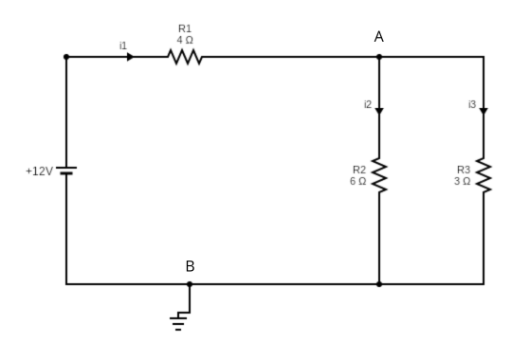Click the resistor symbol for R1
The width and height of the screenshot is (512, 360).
pos(185,57)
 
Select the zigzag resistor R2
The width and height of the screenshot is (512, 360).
pos(379,175)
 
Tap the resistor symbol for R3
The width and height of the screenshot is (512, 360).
pos(484,175)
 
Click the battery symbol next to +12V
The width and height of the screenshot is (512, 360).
pos(66,171)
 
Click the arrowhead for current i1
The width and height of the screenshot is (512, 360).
pos(130,57)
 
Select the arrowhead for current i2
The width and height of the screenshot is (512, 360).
pos(379,111)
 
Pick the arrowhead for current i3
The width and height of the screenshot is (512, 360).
pos(484,111)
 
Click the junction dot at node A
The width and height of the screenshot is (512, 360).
pos(379,57)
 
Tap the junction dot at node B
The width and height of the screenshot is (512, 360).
pos(190,283)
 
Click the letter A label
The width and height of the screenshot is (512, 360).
pos(379,36)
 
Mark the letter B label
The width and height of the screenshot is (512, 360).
pos(190,266)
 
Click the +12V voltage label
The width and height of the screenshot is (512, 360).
pos(40,171)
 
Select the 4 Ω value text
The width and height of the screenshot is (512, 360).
pos(185,40)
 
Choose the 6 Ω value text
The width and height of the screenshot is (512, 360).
pos(357,180)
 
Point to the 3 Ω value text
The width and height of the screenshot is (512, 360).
pos(462,180)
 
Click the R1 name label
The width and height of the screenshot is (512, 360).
pos(185,29)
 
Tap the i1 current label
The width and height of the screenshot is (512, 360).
pos(122,45)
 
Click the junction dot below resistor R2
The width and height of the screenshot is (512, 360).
pos(379,283)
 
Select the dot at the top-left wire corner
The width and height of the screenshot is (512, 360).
pos(66,57)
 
